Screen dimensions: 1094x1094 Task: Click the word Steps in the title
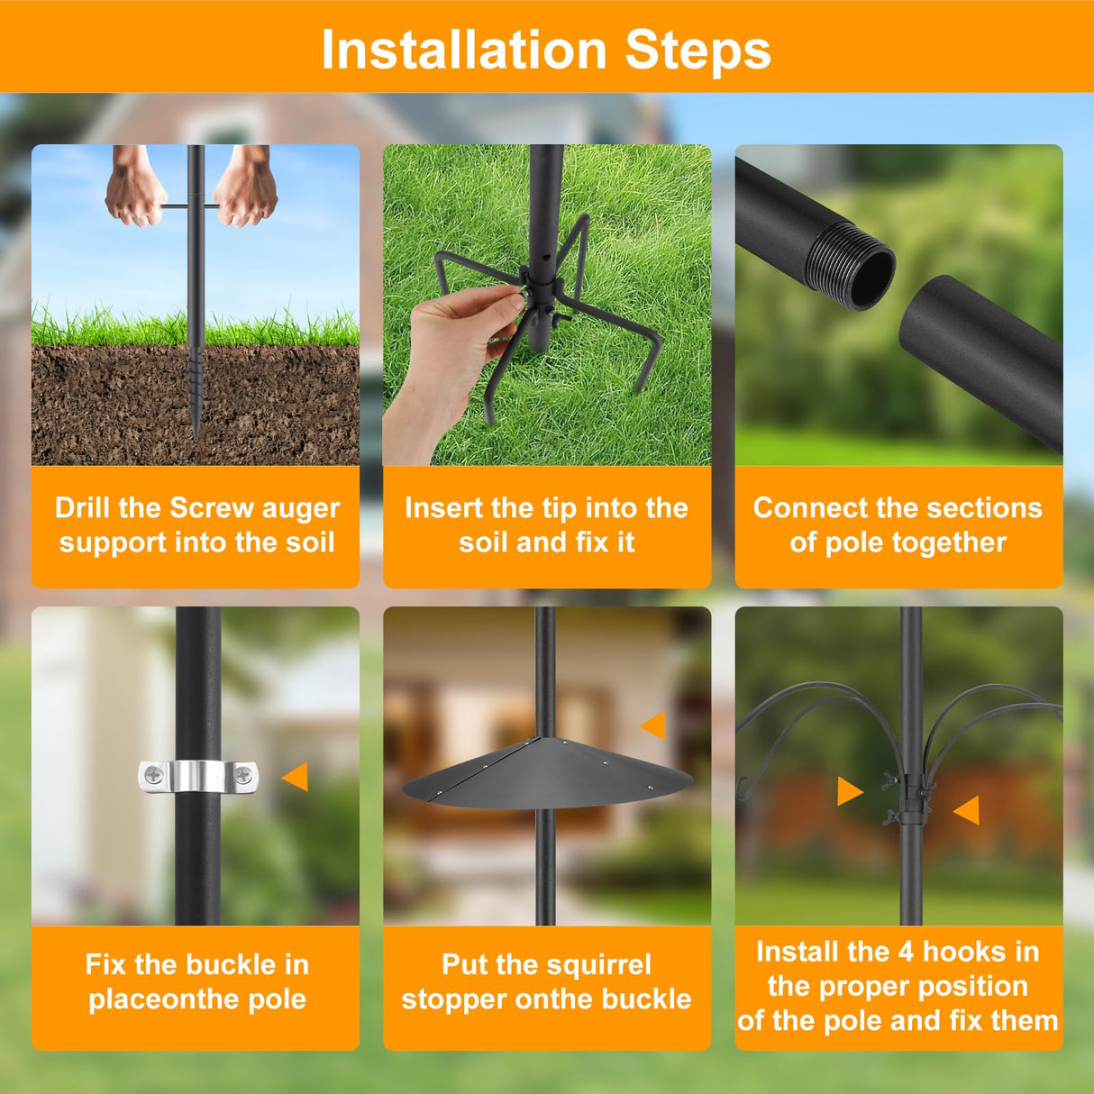click(x=698, y=50)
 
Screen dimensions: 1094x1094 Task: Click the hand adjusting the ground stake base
click(x=451, y=351)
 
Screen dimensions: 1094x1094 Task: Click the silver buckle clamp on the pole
click(x=197, y=776)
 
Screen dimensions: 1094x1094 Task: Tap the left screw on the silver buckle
click(x=154, y=774)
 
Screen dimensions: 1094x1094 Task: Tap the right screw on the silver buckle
click(x=242, y=773)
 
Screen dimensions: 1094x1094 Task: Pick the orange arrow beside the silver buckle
click(x=296, y=777)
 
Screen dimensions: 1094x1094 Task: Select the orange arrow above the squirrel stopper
click(x=653, y=725)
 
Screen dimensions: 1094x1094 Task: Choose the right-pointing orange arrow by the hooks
click(x=849, y=791)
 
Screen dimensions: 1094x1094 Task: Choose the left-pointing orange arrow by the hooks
click(x=967, y=809)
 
